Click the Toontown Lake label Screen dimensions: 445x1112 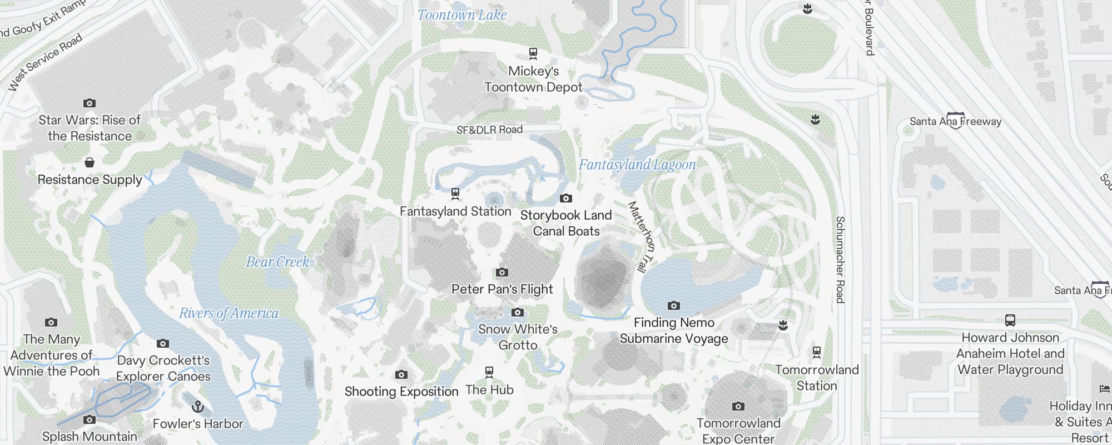462,15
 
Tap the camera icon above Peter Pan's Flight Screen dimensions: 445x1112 502,272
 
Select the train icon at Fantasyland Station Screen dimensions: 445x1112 455,194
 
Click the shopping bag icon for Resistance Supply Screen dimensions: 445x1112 90,162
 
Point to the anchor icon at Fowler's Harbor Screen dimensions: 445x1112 197,407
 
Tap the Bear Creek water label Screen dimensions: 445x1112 277,262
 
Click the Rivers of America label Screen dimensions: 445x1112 229,313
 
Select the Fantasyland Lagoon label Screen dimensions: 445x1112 637,165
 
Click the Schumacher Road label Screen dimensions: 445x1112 840,259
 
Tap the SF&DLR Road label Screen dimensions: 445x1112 489,130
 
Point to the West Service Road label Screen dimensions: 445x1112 46,62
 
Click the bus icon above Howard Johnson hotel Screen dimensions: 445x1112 1010,320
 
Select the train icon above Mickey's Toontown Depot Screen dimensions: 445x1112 533,53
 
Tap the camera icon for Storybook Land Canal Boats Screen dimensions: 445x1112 566,198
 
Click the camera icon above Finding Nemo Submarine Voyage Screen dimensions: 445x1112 674,305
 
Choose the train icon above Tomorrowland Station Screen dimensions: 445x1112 817,352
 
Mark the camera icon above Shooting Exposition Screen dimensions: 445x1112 401,374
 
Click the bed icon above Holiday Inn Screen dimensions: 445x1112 1105,389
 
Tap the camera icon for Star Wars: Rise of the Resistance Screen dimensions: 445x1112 90,103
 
